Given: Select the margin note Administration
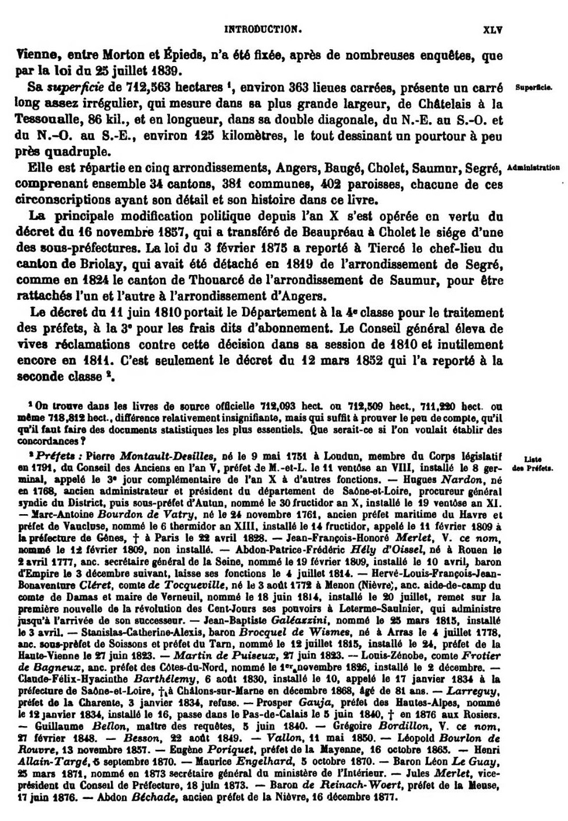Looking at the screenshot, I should (533, 168).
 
